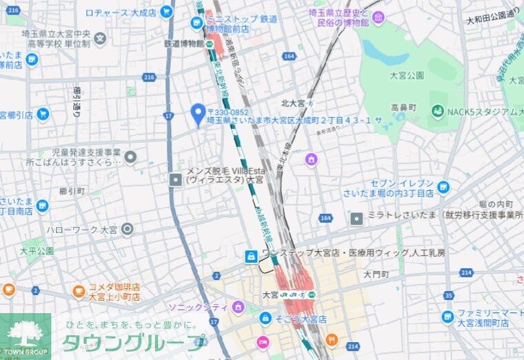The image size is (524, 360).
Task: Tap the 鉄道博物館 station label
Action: coord(183,43)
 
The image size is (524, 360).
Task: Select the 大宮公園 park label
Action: coord(406,74)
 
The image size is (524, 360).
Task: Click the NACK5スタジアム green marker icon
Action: coord(437,111)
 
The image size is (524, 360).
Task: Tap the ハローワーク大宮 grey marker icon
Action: coord(127,229)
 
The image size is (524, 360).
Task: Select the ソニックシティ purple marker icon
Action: coord(239,306)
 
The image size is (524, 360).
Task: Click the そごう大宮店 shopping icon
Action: coord(265,319)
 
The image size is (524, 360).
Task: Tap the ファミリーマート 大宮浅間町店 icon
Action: coord(447,317)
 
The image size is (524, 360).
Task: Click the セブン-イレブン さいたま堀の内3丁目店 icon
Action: coord(443,186)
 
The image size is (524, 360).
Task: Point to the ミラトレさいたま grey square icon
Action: coord(356,219)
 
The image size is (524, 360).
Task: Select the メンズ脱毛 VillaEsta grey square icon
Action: coord(176,179)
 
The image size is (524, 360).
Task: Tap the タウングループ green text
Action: coord(134,343)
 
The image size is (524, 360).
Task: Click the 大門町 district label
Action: coord(376,274)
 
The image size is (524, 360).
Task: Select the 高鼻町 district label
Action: coord(403,108)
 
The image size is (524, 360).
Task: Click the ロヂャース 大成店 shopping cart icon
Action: coord(166,12)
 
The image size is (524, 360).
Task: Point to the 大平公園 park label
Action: coord(37,251)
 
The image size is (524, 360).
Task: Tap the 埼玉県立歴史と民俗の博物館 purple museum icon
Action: coord(378,19)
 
